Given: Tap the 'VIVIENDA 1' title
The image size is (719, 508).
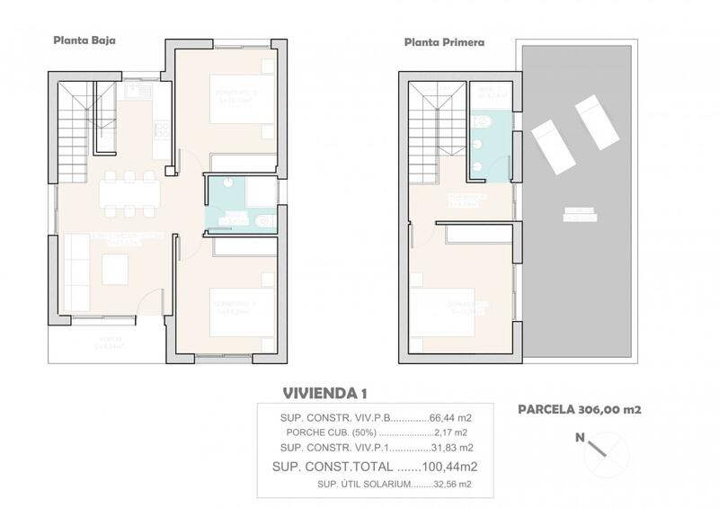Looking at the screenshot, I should [x=325, y=393].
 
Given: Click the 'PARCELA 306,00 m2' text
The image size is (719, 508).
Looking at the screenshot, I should [x=579, y=409].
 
